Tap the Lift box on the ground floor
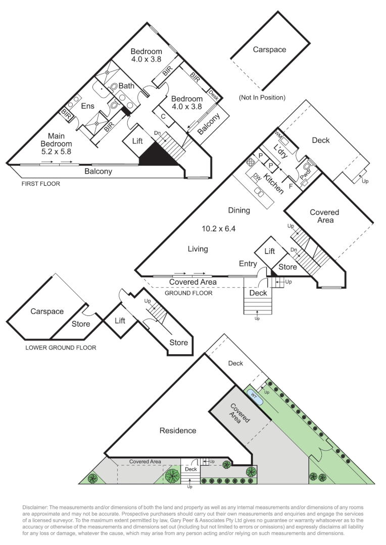tap(270, 251)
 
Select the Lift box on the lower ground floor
tap(120, 320)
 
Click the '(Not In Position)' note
tap(262, 97)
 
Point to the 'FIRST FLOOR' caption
tap(40, 184)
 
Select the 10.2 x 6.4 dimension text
tap(219, 229)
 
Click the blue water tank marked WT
tap(254, 397)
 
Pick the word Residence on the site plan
tap(178, 430)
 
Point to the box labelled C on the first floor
tap(164, 117)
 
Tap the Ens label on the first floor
tap(89, 106)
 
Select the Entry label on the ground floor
tap(248, 263)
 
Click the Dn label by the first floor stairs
tap(157, 133)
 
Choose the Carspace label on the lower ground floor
tap(47, 311)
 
